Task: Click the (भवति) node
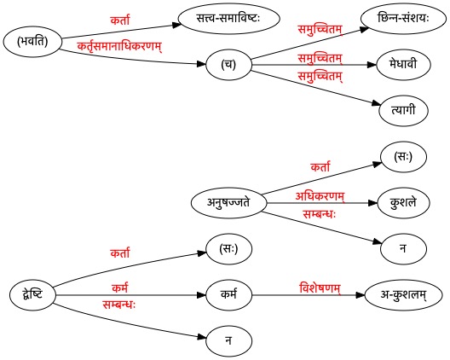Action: pos(32,42)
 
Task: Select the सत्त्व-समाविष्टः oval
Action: pos(228,19)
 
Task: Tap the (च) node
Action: pos(228,65)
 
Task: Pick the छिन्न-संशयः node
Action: pos(403,19)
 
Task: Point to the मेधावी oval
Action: pos(403,65)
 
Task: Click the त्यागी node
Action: pos(403,111)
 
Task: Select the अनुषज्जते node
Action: pos(228,203)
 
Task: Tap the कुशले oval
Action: pos(403,203)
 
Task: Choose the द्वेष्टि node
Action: pos(32,295)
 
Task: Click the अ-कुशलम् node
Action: pos(403,295)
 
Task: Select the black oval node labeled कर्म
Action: pos(228,295)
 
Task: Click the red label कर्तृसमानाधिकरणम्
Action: pos(119,47)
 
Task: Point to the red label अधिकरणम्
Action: pos(320,196)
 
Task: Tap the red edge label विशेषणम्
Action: pos(320,288)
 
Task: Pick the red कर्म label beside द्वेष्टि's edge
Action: pos(120,287)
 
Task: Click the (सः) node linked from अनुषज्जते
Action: pos(403,157)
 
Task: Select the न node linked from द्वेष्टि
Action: pos(228,341)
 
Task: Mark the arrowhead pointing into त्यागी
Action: pos(377,103)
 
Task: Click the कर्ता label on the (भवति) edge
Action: pos(120,20)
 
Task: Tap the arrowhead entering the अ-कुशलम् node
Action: pos(361,295)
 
